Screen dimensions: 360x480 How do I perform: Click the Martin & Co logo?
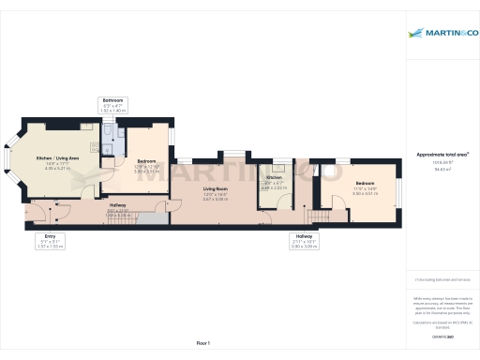442,35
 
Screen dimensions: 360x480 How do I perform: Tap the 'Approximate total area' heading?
442,154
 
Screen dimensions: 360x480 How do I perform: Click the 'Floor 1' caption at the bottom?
202,344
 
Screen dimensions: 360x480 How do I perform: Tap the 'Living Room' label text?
216,188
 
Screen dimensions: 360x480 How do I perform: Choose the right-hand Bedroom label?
366,183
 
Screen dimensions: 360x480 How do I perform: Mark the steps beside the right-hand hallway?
320,216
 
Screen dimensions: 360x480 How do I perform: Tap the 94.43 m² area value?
442,170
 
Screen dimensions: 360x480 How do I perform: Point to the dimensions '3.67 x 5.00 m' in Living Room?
216,199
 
